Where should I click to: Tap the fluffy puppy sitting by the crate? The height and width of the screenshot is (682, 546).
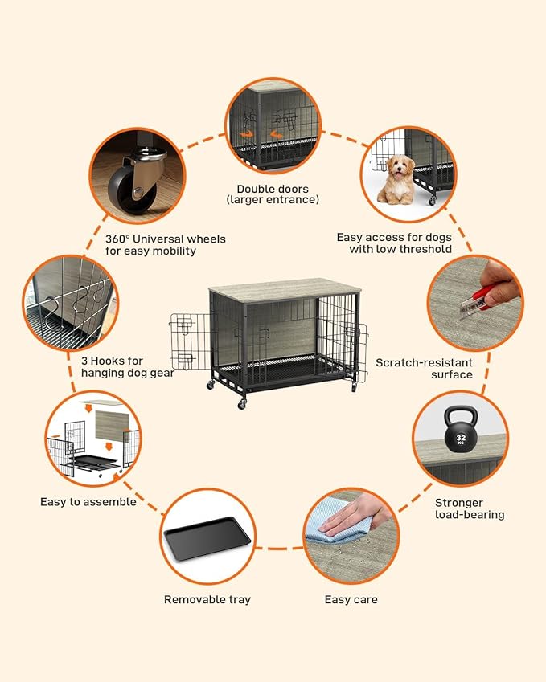point(396,178)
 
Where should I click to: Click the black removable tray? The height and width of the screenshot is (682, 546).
point(207,540)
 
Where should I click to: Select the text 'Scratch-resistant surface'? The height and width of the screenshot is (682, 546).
point(424,369)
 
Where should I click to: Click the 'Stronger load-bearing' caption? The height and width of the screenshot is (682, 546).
point(470,508)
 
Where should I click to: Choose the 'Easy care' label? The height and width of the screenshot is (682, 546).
point(351,599)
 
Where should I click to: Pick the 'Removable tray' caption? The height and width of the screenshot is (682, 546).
point(207,599)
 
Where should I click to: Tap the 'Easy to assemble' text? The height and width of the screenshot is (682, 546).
point(88,502)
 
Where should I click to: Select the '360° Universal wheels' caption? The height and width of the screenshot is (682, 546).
point(166,245)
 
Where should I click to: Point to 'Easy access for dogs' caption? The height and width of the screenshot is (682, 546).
point(394,243)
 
